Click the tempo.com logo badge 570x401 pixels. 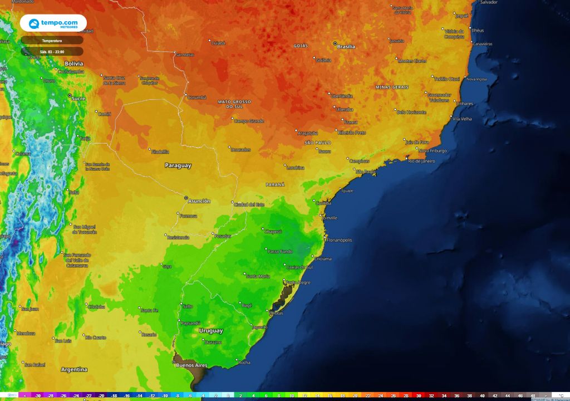[x=53, y=23]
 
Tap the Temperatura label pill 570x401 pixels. [x=52, y=40]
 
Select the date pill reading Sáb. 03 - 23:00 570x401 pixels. [x=52, y=51]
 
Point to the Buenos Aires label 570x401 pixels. [x=191, y=365]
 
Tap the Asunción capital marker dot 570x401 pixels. [x=186, y=197]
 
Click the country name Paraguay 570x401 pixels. [x=178, y=165]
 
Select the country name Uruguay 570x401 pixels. [x=210, y=331]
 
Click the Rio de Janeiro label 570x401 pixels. [x=421, y=161]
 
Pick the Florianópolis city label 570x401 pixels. [x=340, y=240]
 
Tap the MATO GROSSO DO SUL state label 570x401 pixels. [x=234, y=104]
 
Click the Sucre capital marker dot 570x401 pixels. [x=70, y=96]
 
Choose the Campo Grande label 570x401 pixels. [x=249, y=120]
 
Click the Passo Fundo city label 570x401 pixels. [x=281, y=251]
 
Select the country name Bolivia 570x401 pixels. [x=73, y=63]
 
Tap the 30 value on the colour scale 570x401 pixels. [x=419, y=395]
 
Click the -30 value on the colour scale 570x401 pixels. [x=38, y=395]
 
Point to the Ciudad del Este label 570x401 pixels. [x=249, y=204]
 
